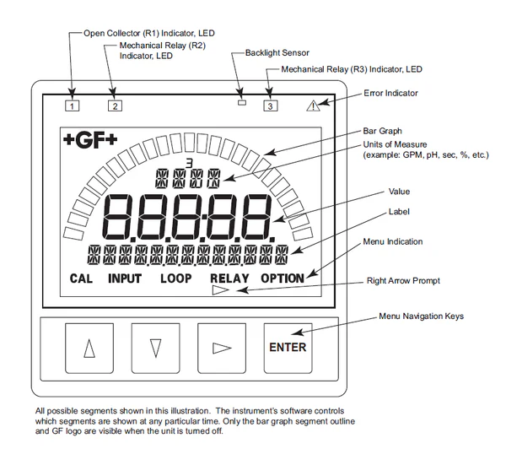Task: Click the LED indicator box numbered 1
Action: tap(73, 106)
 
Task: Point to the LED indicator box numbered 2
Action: tap(115, 106)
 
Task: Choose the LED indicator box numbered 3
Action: tap(269, 106)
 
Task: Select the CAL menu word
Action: tap(81, 278)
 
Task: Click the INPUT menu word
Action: tap(125, 278)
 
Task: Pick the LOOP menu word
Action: tap(175, 278)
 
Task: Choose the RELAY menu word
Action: tap(229, 278)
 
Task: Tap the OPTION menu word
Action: tap(288, 278)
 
